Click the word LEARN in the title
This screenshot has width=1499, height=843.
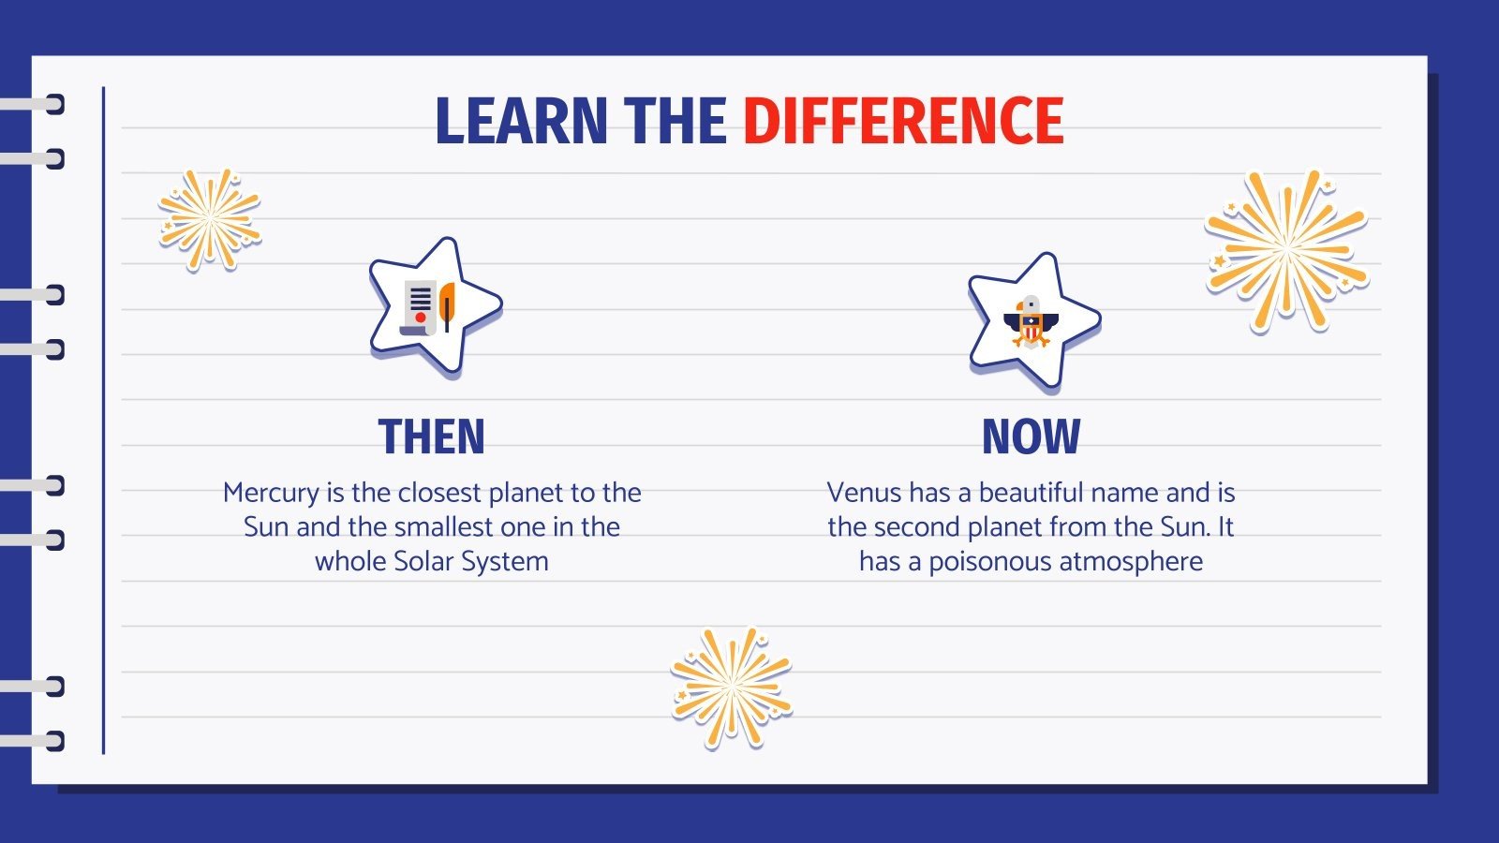521,122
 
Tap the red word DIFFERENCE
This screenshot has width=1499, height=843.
903,122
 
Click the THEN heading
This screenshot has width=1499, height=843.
432,436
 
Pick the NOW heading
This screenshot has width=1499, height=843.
1031,436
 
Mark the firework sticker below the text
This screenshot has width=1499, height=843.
732,687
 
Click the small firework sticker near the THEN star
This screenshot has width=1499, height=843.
209,220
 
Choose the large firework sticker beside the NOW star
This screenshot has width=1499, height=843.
1285,251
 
